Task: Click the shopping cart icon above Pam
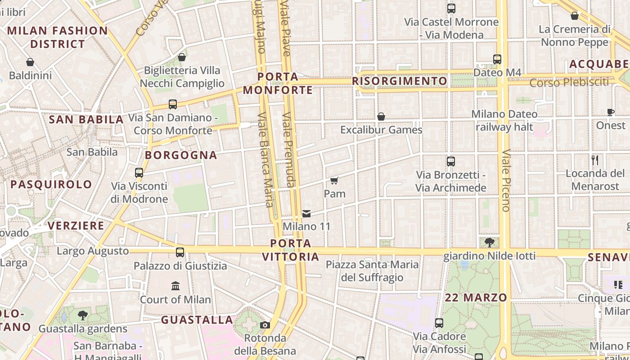334,180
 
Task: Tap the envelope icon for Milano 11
306,213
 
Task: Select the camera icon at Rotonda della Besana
265,325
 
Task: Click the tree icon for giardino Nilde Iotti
490,243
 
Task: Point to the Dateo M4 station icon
497,59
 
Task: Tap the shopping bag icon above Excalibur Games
381,117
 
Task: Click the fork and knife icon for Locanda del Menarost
595,160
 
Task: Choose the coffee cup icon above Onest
611,112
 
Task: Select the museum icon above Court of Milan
175,286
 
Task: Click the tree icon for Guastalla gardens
83,315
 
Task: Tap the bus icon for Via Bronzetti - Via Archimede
451,161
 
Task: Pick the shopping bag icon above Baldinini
30,62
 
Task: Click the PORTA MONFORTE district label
278,83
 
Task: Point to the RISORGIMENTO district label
400,81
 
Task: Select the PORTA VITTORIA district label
290,250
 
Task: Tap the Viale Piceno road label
506,180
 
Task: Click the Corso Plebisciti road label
569,82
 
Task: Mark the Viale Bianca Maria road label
265,159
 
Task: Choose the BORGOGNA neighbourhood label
181,155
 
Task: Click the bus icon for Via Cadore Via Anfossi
439,323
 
